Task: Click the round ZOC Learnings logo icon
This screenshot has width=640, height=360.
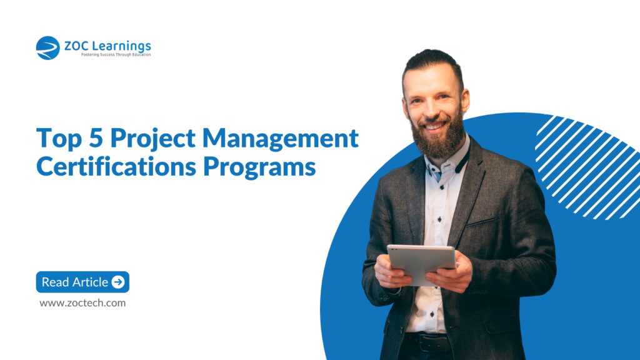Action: tap(47, 48)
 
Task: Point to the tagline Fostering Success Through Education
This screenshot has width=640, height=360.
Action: tap(116, 55)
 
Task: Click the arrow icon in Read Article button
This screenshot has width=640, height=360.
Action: tap(118, 282)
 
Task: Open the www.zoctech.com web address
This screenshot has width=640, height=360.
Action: tap(82, 303)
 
